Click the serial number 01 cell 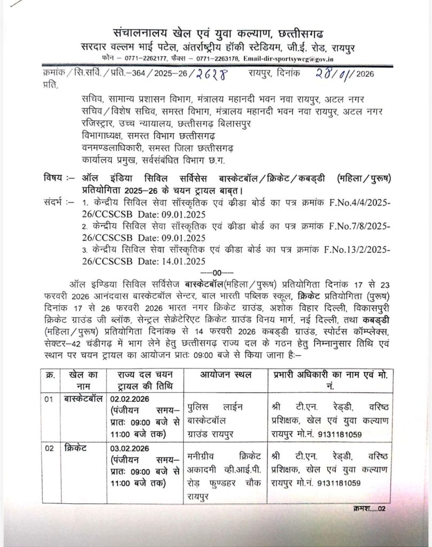point(49,399)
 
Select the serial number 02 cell point(49,448)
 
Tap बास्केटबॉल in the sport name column point(79,399)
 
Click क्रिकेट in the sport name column point(72,448)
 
